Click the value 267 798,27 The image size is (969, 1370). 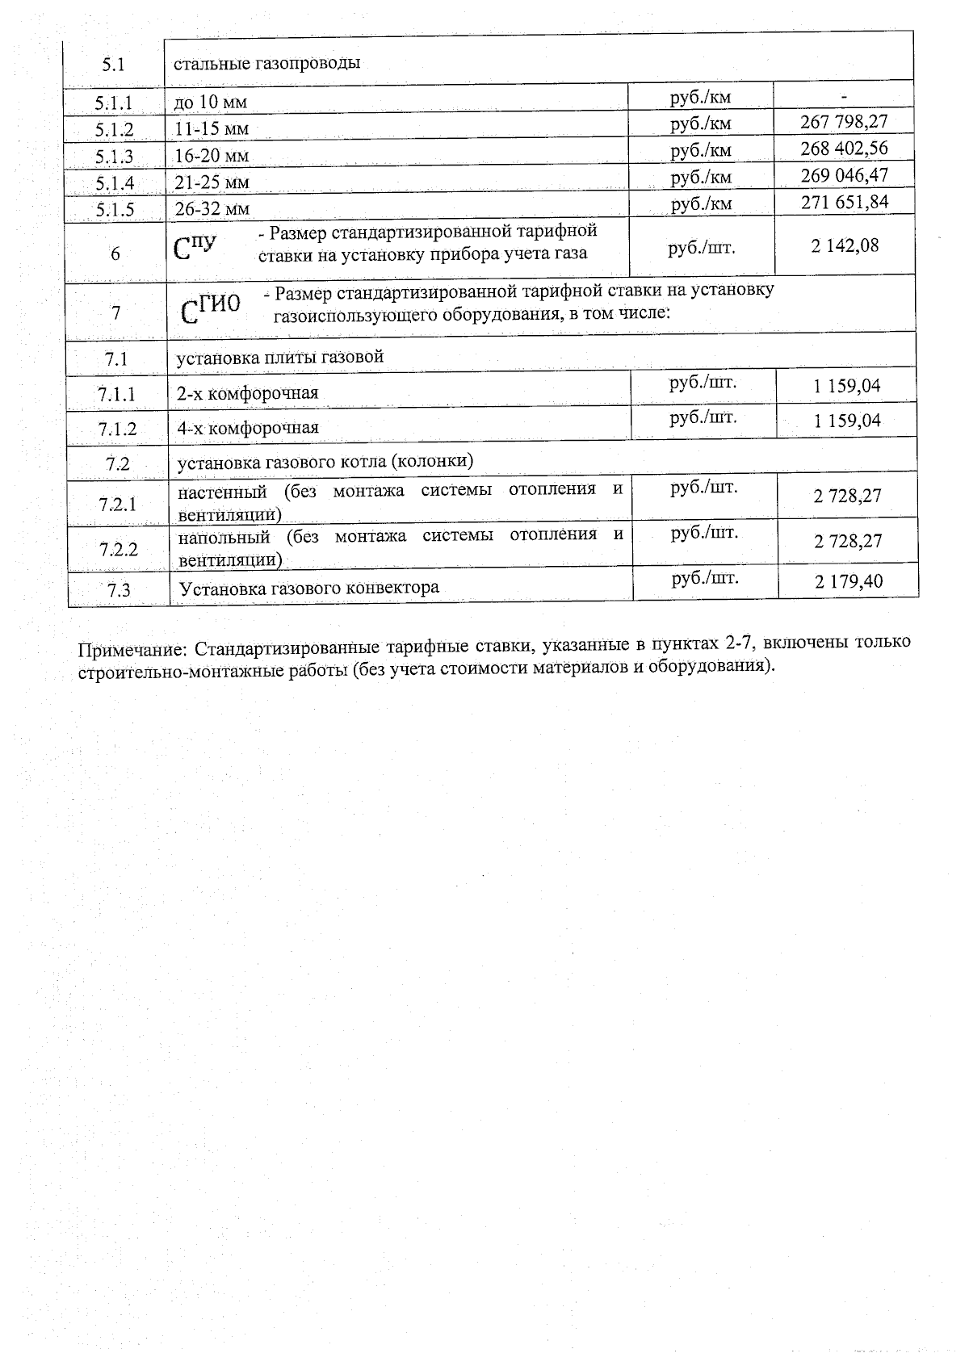[x=844, y=122]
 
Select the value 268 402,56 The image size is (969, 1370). [x=844, y=149]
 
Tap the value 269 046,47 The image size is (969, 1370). [x=844, y=175]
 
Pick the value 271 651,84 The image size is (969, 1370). [x=845, y=202]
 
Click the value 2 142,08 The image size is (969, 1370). [x=845, y=245]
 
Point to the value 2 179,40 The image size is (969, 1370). [x=849, y=581]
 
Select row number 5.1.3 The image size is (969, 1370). [x=114, y=157]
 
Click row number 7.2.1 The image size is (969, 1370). [x=118, y=505]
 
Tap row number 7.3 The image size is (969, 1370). [x=119, y=590]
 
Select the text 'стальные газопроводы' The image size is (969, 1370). [x=267, y=63]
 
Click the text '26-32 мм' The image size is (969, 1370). [x=212, y=209]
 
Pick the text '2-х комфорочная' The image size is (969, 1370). [x=248, y=393]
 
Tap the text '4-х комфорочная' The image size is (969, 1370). [x=248, y=428]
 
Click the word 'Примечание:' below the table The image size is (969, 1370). [x=132, y=650]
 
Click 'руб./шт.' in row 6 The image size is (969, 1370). [x=702, y=247]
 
